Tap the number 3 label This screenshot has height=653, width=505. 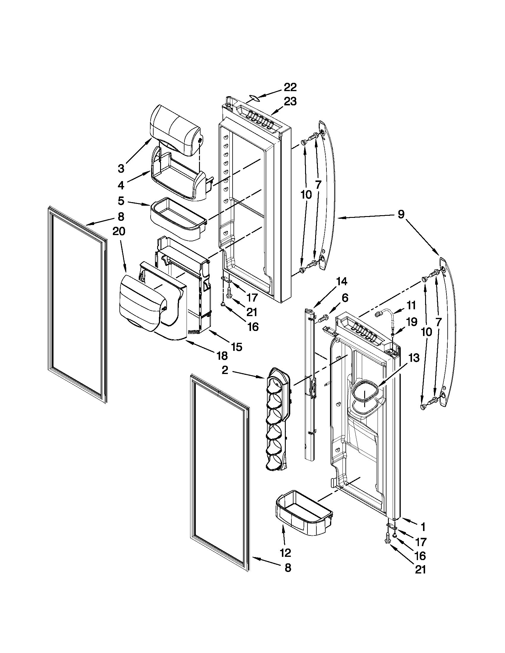[x=121, y=169]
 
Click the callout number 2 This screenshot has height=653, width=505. [x=225, y=370]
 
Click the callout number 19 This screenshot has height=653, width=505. [x=411, y=322]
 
